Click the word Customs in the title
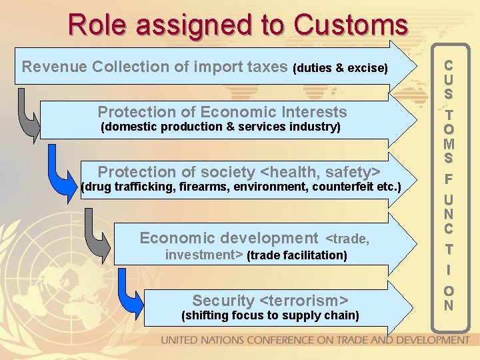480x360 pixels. (x=351, y=25)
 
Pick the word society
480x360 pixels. (x=221, y=171)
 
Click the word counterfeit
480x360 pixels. (x=340, y=187)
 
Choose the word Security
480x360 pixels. (x=223, y=300)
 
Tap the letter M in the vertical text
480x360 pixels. (x=449, y=143)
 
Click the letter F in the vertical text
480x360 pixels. (x=449, y=179)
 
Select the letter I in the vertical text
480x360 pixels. (x=449, y=270)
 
